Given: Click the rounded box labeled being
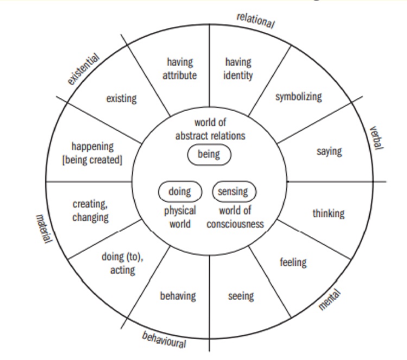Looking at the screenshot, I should (x=209, y=155).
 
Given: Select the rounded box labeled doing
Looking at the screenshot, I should (x=179, y=192).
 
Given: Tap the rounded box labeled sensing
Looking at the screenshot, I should (x=233, y=192).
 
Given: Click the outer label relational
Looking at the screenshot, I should (x=256, y=20).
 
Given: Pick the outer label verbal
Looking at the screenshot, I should (x=376, y=140).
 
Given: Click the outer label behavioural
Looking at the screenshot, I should (x=164, y=340).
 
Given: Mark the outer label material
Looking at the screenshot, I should (x=43, y=228).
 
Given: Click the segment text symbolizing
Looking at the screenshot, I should (x=298, y=97).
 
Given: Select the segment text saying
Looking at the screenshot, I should (x=329, y=150).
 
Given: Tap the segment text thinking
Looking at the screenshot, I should (x=328, y=213).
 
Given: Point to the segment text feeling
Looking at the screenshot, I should (x=293, y=262).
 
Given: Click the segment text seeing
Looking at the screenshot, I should (x=240, y=296).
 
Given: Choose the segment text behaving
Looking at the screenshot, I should (x=177, y=296).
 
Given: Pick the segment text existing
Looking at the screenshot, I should (x=121, y=98).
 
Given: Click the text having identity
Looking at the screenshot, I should (x=238, y=69).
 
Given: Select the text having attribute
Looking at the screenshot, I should (x=180, y=69).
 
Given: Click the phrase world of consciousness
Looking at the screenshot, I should (x=235, y=217).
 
